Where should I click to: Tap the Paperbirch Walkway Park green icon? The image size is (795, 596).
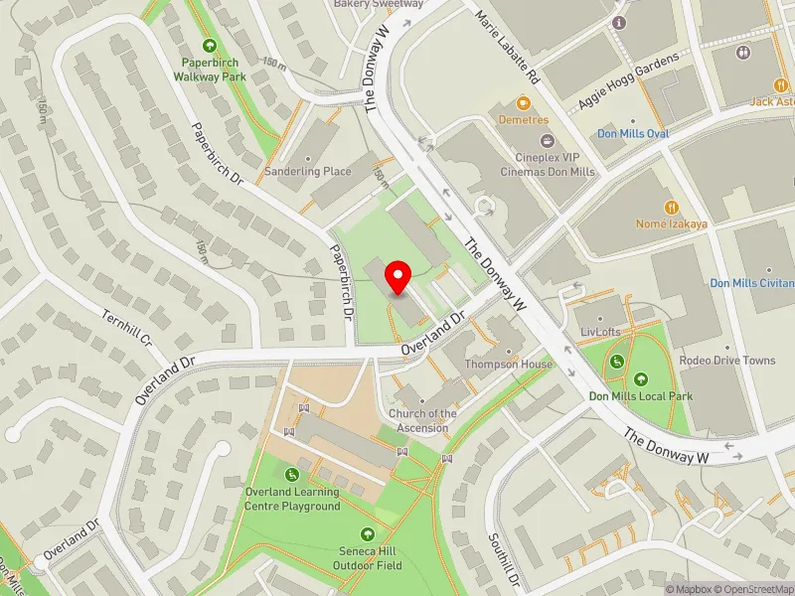pyautogui.click(x=210, y=46)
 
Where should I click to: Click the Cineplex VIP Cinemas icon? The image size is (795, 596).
pyautogui.click(x=544, y=142)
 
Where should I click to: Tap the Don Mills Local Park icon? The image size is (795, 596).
pyautogui.click(x=641, y=378)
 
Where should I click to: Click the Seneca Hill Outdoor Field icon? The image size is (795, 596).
pyautogui.click(x=369, y=534)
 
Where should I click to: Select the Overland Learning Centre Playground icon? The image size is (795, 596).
pyautogui.click(x=292, y=475)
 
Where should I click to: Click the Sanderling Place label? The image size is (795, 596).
pyautogui.click(x=308, y=171)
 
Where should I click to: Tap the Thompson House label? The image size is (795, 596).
pyautogui.click(x=509, y=364)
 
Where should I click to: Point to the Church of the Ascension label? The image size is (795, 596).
pyautogui.click(x=423, y=420)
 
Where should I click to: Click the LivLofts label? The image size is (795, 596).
pyautogui.click(x=599, y=331)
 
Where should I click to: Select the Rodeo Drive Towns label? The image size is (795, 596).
pyautogui.click(x=727, y=360)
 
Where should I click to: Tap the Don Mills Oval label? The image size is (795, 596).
pyautogui.click(x=633, y=133)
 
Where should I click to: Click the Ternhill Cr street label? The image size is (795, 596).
pyautogui.click(x=124, y=329)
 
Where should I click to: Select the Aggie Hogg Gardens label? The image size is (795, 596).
pyautogui.click(x=629, y=82)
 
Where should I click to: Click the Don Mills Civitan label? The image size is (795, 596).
pyautogui.click(x=752, y=283)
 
